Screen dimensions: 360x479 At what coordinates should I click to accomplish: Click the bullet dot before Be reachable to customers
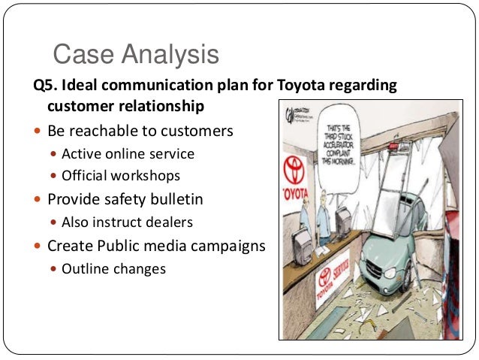[38, 132]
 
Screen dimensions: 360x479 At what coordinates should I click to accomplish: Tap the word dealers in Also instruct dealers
[171, 222]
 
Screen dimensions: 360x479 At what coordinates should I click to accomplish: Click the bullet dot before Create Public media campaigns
[38, 246]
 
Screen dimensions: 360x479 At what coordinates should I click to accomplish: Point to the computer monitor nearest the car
[346, 223]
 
